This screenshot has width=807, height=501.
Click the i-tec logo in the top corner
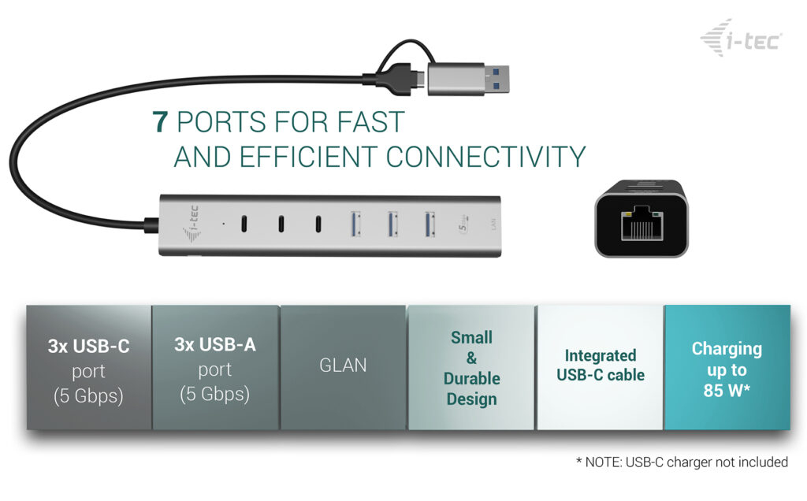[x=741, y=38]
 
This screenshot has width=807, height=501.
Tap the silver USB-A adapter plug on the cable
[x=468, y=78]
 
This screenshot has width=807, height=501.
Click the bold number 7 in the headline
[x=160, y=122]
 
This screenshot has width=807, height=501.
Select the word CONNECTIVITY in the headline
[x=485, y=157]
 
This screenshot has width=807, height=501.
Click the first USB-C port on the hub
[x=244, y=224]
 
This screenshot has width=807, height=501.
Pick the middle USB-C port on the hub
[x=281, y=224]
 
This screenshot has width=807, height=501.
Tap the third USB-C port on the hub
[x=318, y=224]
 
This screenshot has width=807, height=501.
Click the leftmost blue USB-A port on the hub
[x=355, y=225]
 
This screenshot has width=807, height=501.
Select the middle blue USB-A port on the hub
[x=392, y=225]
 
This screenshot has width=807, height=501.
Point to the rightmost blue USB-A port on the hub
[x=430, y=225]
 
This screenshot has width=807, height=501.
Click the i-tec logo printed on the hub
[x=192, y=224]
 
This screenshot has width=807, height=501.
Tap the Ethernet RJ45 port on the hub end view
[x=641, y=223]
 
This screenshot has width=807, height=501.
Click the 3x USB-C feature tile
[x=89, y=367]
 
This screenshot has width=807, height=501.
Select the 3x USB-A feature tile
[x=215, y=367]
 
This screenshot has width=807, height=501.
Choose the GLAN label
[x=343, y=366]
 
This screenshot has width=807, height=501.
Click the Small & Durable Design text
[x=471, y=368]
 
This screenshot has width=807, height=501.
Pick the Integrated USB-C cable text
[x=600, y=366]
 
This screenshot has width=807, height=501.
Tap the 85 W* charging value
[x=726, y=391]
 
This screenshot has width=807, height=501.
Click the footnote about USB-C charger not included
[x=682, y=462]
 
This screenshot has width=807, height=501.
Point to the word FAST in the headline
[x=371, y=122]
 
